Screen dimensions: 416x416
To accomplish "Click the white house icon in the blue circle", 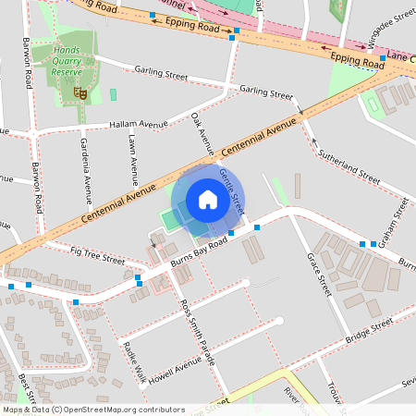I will click(208, 200).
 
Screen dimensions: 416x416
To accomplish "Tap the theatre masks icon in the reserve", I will click(80, 92).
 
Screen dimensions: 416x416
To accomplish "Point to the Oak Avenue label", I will click(202, 133).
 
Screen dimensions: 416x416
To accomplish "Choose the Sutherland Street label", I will click(349, 165).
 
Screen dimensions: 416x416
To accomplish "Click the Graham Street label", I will click(400, 221).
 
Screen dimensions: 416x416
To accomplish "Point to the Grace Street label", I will click(319, 274).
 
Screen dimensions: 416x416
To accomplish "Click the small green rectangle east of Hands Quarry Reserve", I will click(114, 94).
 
